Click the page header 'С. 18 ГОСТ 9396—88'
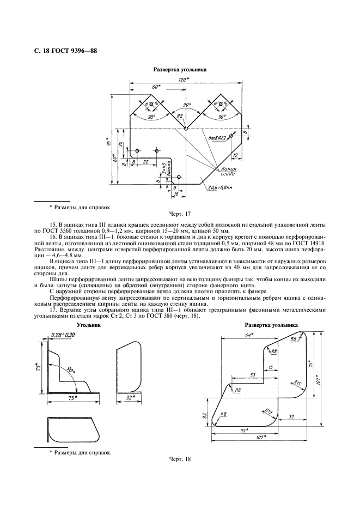[65, 52]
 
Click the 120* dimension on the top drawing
[184, 80]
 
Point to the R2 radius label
[179, 116]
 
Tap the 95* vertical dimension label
[108, 143]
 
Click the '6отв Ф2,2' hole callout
[218, 139]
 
